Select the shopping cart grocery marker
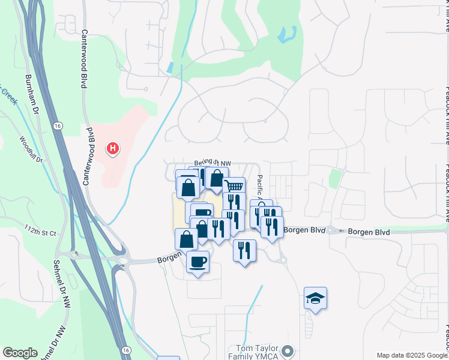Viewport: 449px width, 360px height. [234, 186]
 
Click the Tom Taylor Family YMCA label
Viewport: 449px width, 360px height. [255, 353]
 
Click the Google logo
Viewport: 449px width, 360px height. [20, 353]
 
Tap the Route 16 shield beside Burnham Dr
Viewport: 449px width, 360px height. [56, 126]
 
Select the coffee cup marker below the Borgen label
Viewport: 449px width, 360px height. [197, 262]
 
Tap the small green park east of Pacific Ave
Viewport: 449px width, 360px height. [335, 179]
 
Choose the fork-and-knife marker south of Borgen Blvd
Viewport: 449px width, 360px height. [244, 250]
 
